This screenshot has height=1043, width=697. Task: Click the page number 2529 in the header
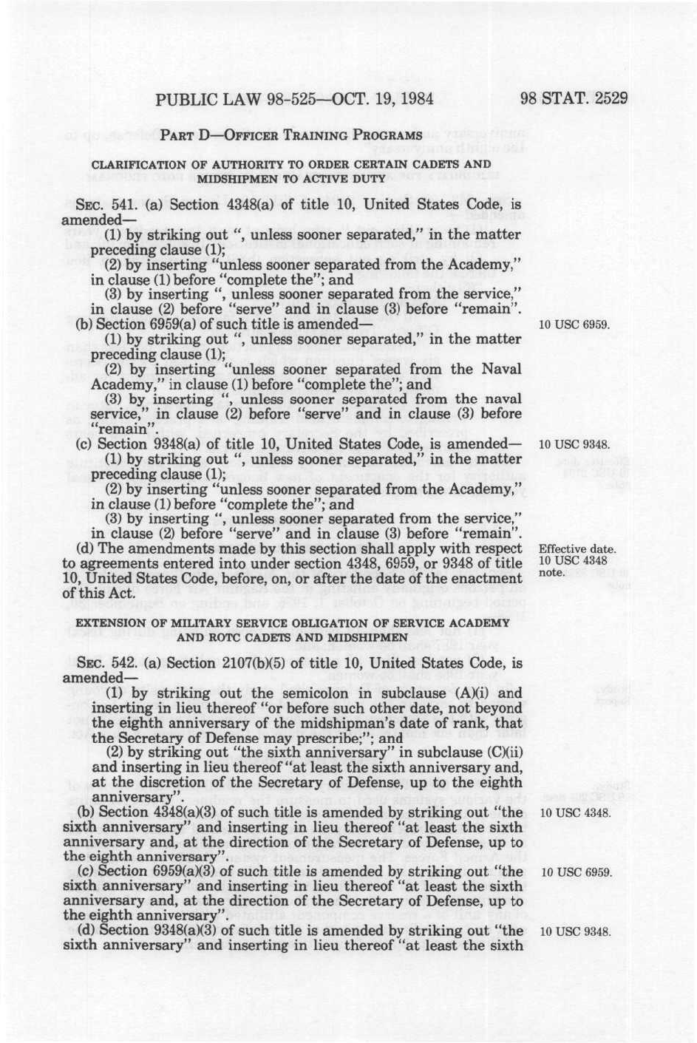[x=606, y=98]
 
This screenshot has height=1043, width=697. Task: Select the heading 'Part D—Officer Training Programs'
[x=291, y=135]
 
